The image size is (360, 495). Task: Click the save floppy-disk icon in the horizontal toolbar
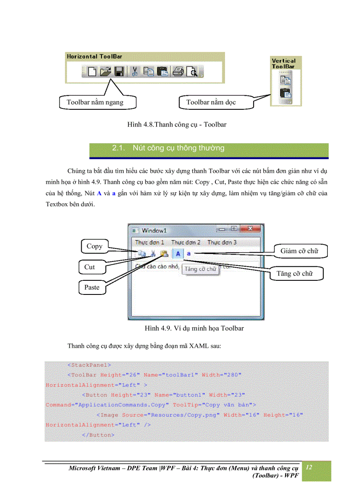point(118,71)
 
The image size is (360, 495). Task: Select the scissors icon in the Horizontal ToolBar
point(135,71)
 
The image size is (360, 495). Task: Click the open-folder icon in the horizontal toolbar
point(105,71)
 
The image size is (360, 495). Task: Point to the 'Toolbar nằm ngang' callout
point(95,102)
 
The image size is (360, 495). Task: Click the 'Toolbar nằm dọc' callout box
point(211,102)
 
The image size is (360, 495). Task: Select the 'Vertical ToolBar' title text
point(283,63)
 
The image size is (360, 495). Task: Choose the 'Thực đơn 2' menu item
point(186,242)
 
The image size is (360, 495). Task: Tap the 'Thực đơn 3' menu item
point(222,242)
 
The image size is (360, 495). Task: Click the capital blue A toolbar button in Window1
point(178,253)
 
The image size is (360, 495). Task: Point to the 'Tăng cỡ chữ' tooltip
point(200,268)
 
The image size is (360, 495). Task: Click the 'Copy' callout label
point(94,246)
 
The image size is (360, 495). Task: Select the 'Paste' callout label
point(92,287)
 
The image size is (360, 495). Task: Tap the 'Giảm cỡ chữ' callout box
point(299,251)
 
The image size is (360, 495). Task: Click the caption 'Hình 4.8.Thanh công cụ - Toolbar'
point(176,125)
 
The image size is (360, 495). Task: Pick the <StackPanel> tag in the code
point(89,365)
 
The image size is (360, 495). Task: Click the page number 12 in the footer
point(309,467)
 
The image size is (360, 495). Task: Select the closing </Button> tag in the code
point(98,435)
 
